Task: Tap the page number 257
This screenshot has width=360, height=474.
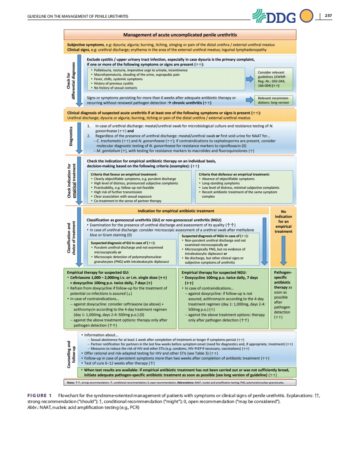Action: [x=328, y=16]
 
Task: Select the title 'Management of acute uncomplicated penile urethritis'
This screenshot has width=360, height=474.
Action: [x=180, y=34]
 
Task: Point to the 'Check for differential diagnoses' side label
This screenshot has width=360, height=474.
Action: [x=75, y=80]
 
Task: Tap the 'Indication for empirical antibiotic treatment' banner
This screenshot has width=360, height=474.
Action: [x=176, y=211]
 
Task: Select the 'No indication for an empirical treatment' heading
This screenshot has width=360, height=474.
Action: [x=283, y=221]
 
